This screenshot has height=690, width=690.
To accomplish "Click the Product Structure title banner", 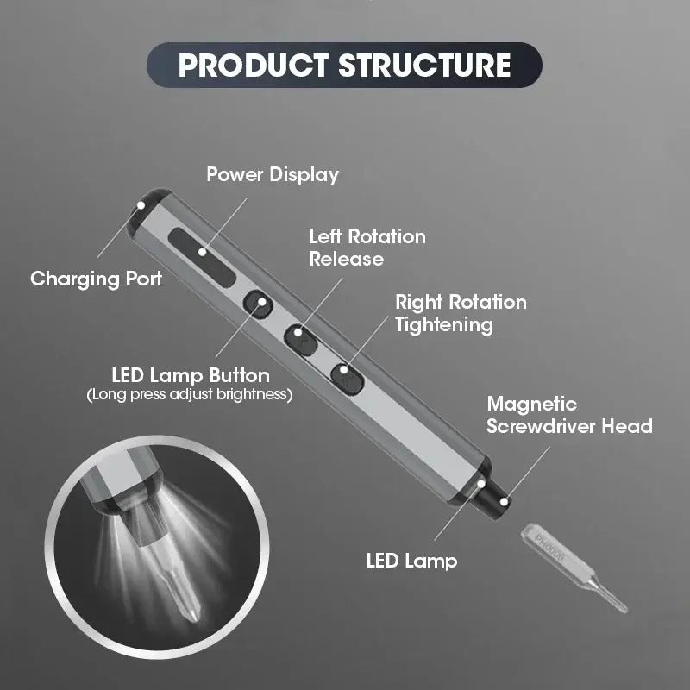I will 344,65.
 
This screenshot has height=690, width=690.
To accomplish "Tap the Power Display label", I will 273,174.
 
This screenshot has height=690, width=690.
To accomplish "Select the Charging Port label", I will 96,279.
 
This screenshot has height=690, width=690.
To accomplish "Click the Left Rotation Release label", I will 367,247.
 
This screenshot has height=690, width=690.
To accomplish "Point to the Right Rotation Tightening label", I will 461,313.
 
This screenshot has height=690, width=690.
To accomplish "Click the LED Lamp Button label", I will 191,376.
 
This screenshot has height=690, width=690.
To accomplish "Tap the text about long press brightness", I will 190,395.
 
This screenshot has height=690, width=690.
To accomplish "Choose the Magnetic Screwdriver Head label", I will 569,415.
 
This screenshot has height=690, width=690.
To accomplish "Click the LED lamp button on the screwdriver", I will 256,303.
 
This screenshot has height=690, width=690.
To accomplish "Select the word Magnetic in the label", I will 532,404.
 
